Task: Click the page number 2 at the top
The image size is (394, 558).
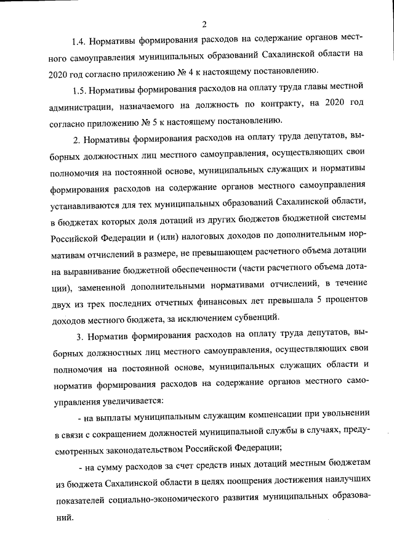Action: pos(203,24)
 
